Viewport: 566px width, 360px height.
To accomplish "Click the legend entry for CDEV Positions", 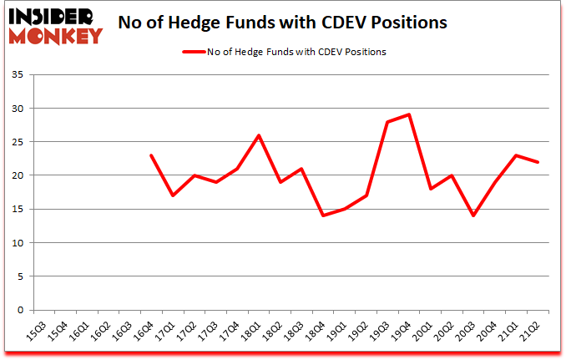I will (284, 52).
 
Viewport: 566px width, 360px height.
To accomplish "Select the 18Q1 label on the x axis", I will (250, 332).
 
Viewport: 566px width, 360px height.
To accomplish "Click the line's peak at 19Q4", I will (408, 114).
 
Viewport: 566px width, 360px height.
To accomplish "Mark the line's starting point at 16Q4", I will (151, 155).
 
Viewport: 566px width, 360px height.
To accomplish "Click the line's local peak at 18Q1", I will (258, 135).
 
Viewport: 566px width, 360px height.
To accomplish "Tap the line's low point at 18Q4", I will (322, 215).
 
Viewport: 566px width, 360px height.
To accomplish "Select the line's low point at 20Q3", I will (473, 215).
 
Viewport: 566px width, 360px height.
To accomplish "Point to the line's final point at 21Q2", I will (537, 162).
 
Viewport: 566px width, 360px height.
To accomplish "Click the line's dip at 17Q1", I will (173, 195).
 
